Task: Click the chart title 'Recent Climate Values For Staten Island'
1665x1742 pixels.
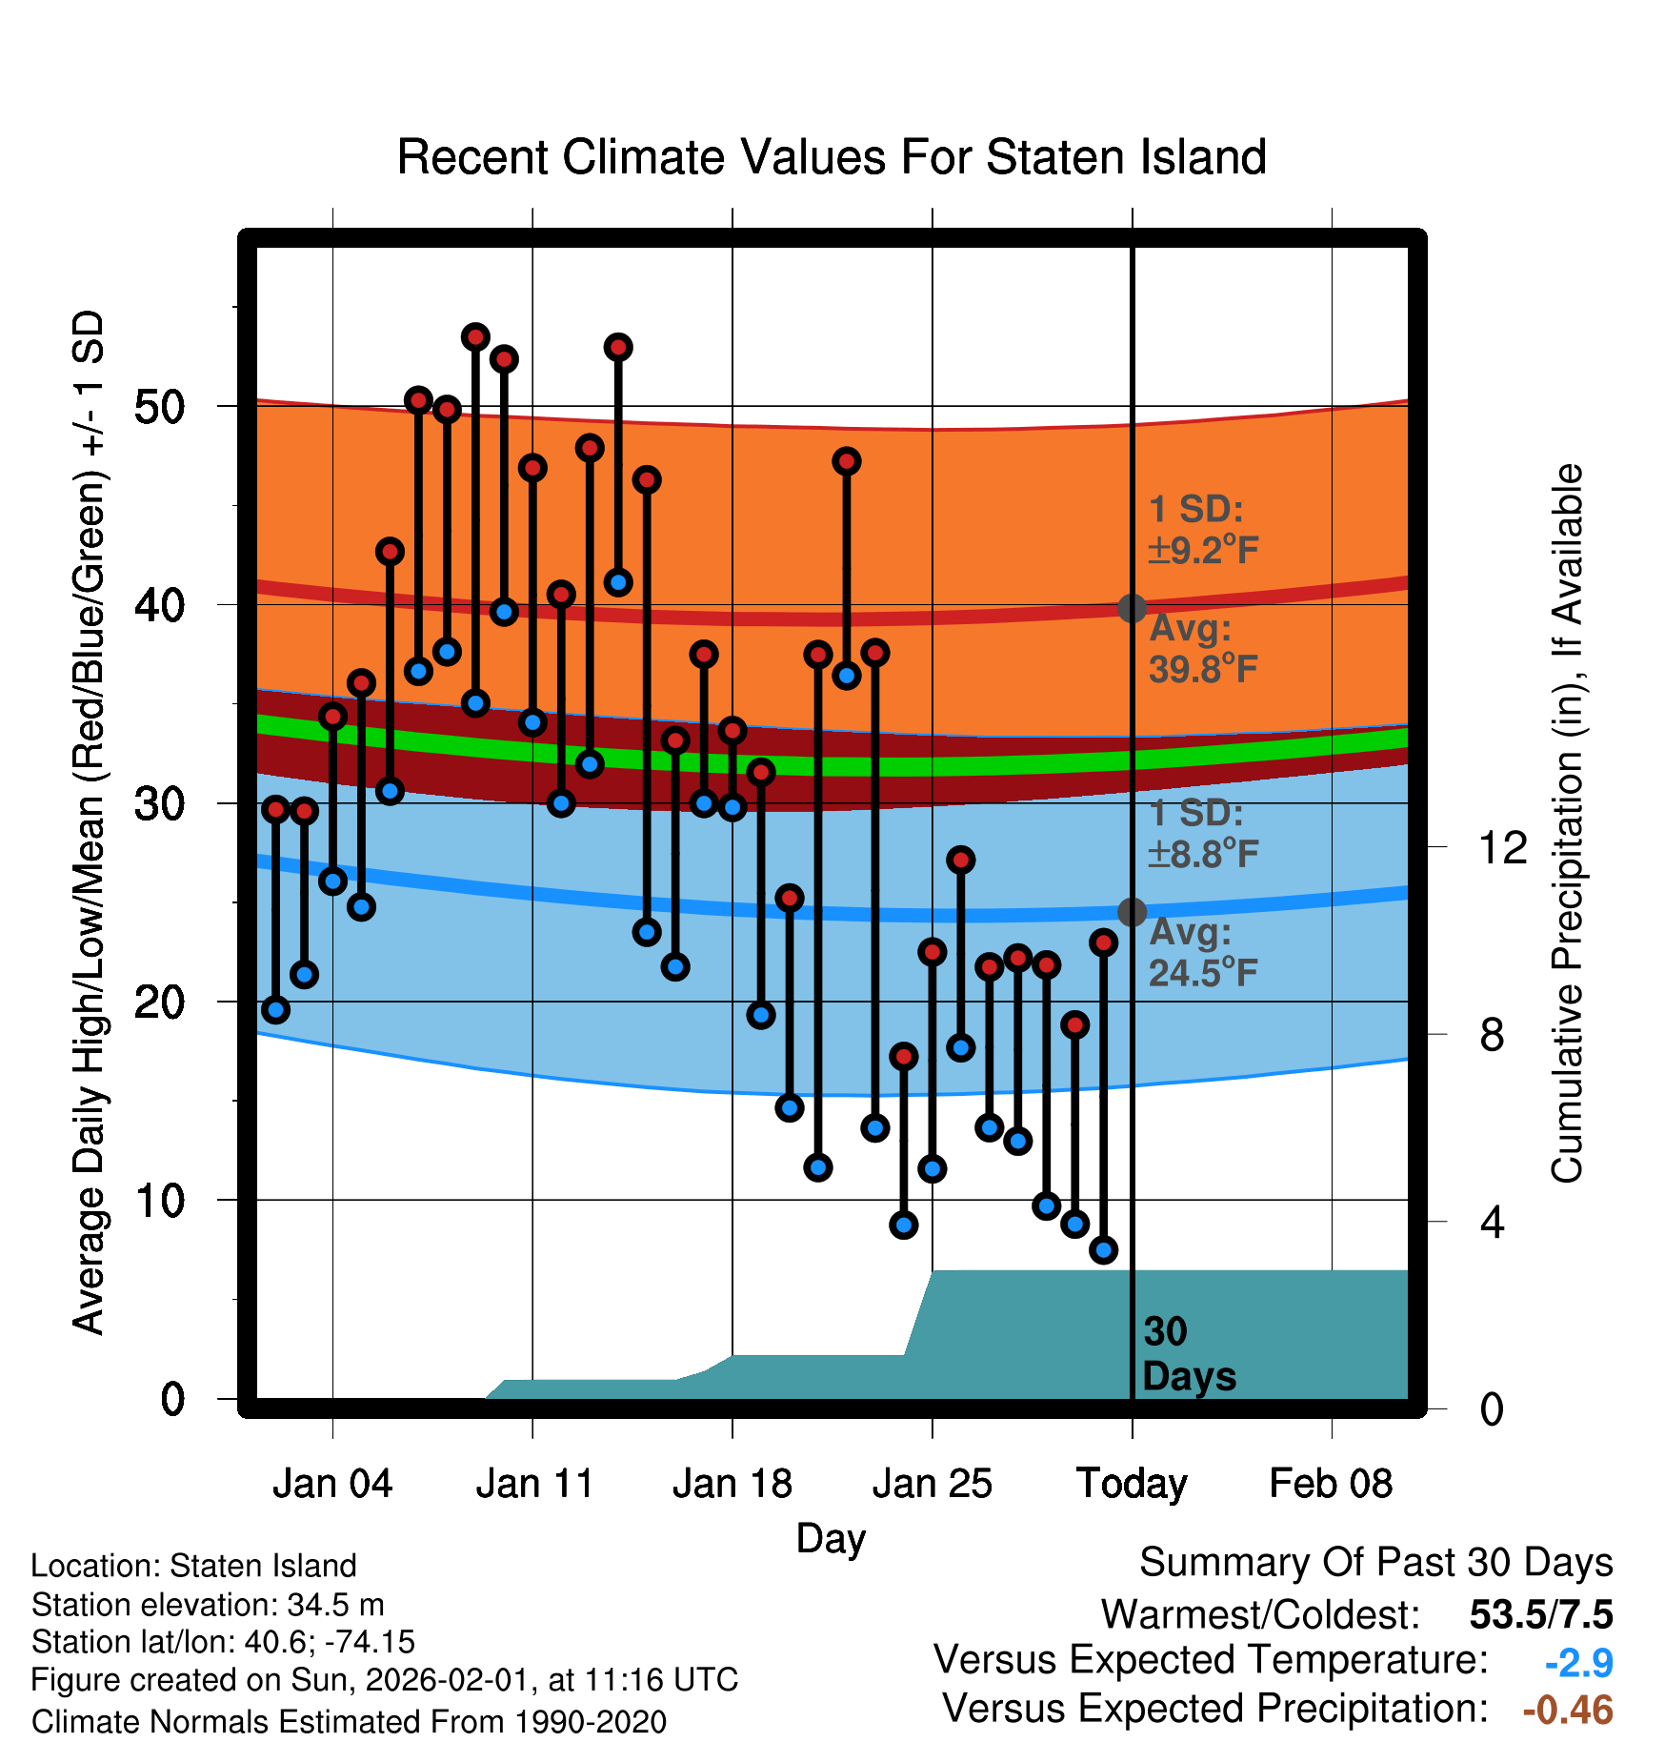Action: click(831, 157)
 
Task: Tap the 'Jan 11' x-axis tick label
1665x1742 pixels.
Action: click(533, 1484)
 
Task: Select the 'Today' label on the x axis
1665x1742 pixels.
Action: click(1132, 1484)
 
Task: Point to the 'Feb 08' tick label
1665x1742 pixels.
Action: click(1331, 1484)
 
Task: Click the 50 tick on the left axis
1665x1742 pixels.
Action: click(159, 407)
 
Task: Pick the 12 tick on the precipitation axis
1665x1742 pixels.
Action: click(1502, 847)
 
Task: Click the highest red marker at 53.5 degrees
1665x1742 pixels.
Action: click(475, 336)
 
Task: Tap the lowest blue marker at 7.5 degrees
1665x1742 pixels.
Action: click(1103, 1249)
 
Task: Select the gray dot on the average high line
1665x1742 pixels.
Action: click(1132, 608)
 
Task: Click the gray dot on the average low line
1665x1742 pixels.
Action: click(1132, 912)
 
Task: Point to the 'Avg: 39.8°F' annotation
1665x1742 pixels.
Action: click(1202, 649)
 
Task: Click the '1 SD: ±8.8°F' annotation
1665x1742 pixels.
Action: click(1202, 834)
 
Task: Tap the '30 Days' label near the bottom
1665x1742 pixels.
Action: click(1188, 1354)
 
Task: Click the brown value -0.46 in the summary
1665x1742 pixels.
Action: click(1568, 1710)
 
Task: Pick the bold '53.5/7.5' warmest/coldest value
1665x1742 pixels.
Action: click(1540, 1614)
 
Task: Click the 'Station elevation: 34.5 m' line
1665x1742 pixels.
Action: click(208, 1605)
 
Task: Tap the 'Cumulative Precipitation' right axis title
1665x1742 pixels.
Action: click(1566, 823)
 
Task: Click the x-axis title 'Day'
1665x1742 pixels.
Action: click(831, 1538)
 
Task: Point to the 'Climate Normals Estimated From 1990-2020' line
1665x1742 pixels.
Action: click(349, 1722)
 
